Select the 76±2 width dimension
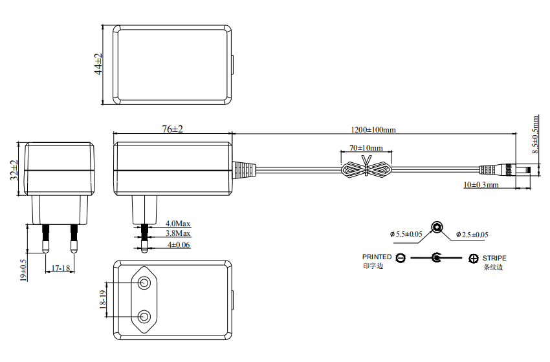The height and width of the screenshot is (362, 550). point(172,129)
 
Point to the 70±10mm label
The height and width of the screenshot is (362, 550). point(366,148)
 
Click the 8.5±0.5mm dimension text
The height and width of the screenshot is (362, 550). point(535,133)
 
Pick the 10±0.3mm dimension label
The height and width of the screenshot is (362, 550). point(481,185)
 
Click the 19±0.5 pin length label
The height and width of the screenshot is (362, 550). point(23,270)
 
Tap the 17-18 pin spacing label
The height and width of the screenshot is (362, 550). point(60,268)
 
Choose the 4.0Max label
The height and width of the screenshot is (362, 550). point(177,223)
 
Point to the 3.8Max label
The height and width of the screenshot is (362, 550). point(177,233)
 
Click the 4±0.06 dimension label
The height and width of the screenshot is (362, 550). point(179,245)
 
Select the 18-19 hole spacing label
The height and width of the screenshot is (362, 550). point(102,301)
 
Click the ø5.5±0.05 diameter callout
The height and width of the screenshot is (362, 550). point(406,234)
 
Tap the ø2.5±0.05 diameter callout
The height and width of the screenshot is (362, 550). point(472,234)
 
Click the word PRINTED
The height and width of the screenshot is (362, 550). point(377,257)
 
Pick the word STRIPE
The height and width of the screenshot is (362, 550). point(494,257)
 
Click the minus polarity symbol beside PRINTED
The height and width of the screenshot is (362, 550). point(401,259)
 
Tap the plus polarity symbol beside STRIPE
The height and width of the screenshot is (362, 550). point(474,259)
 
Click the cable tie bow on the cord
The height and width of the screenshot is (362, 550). point(366,169)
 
